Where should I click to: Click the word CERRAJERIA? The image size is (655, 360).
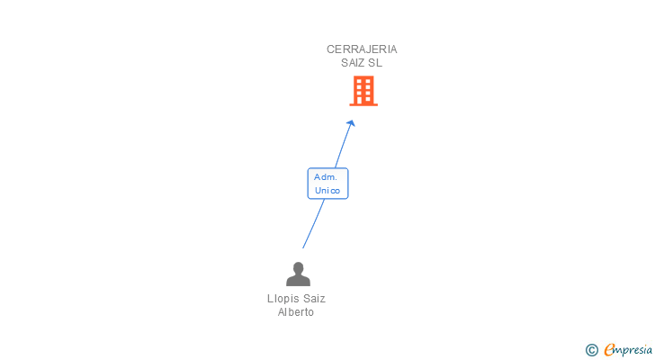[362, 49]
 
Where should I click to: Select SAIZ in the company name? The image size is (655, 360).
[353, 63]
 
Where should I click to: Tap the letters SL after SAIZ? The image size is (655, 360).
[375, 63]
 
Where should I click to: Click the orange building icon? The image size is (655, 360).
[363, 90]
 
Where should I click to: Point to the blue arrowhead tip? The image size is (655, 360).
[352, 121]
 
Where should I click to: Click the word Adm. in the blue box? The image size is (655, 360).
[325, 177]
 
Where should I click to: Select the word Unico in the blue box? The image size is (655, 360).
[327, 191]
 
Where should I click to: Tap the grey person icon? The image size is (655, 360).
[298, 274]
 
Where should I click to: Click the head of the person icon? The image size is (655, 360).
[298, 267]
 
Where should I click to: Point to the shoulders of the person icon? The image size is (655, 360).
[298, 281]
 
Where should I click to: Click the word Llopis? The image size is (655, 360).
[283, 299]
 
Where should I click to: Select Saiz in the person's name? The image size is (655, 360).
[313, 299]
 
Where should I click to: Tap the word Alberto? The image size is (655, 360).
[296, 312]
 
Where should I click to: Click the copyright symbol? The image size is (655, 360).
[591, 350]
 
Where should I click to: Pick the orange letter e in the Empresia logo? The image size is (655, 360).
[609, 350]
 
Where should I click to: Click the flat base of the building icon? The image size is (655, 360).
[363, 104]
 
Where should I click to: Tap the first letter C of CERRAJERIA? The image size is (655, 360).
[330, 49]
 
